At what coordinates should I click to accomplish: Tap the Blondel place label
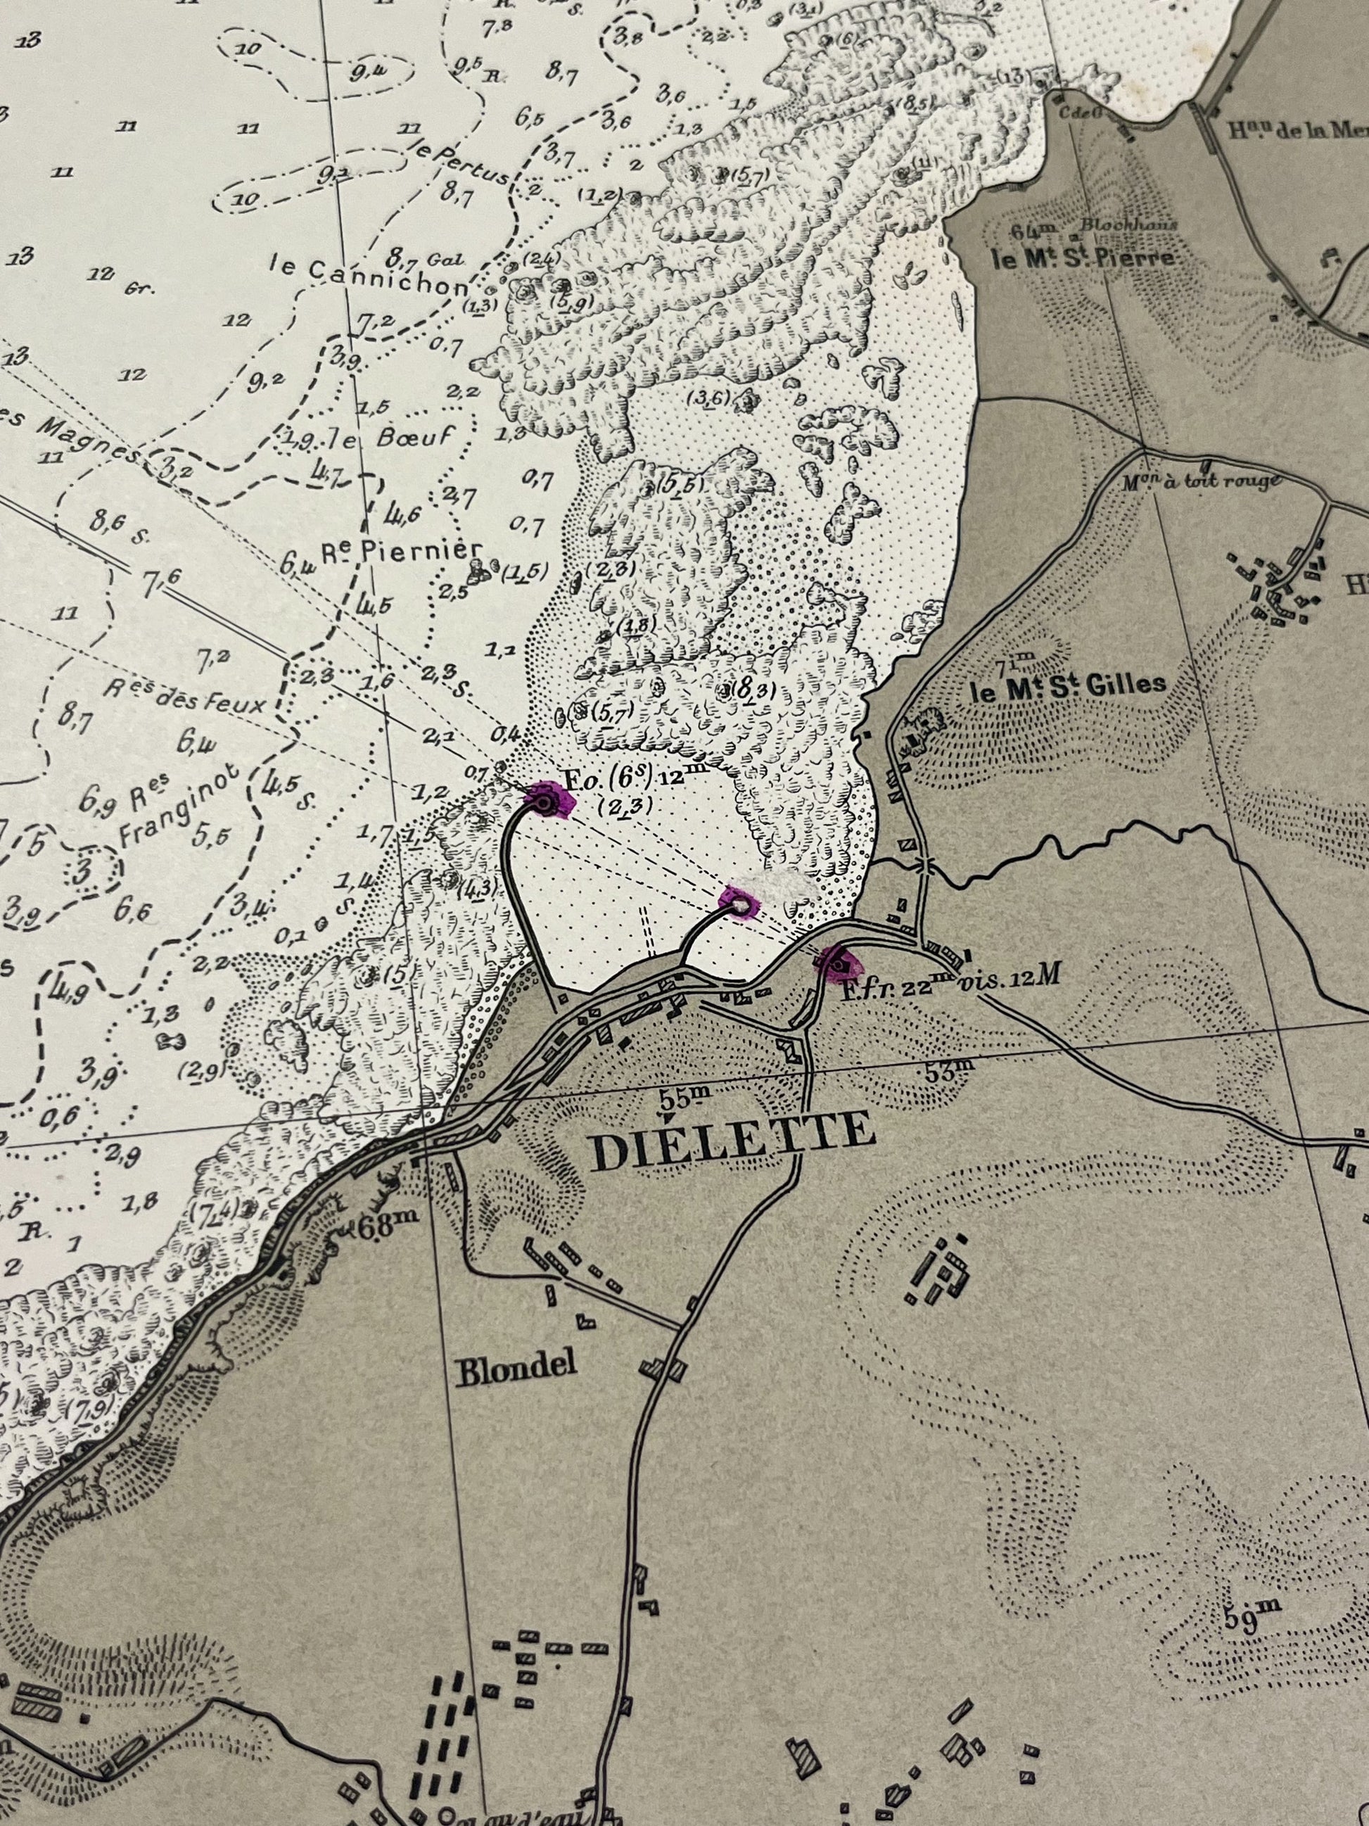point(516,1372)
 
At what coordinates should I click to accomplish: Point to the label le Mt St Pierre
point(1083,259)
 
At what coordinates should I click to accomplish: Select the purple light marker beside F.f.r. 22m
point(841,964)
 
